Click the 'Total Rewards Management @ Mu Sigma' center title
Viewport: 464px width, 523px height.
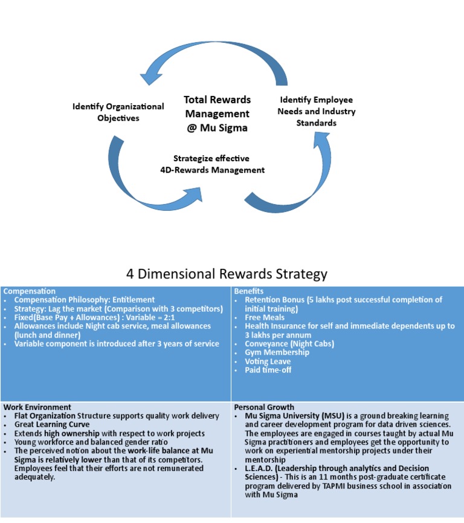pos(217,114)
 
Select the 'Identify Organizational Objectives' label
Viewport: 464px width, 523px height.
pos(118,112)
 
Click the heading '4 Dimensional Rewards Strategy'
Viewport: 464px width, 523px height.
pos(227,274)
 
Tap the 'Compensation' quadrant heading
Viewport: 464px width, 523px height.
pos(30,291)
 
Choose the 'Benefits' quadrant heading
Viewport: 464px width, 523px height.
pos(249,291)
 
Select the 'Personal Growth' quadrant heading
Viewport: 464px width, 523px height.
pos(264,407)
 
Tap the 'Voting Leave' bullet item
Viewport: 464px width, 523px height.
pos(268,361)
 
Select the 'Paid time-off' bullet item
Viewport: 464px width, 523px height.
pos(268,370)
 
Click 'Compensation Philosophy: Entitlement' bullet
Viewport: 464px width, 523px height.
pos(85,300)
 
